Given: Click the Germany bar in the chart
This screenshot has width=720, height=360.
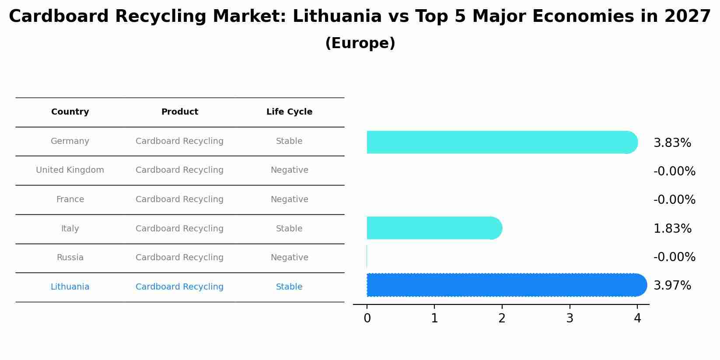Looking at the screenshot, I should [501, 142].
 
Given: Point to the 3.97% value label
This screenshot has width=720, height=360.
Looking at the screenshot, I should [672, 286].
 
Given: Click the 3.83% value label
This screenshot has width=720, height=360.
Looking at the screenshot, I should [672, 143].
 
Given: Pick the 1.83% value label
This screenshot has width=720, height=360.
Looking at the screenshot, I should [672, 229].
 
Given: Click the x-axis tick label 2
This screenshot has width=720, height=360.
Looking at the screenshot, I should [502, 318].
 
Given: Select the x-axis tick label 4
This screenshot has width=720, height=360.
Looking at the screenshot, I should [637, 318].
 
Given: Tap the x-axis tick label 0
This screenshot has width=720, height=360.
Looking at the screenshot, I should [367, 318].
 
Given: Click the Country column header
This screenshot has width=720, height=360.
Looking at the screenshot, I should [70, 112].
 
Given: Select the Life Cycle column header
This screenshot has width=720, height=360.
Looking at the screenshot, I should [289, 112].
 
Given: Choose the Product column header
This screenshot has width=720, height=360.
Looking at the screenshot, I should [179, 112].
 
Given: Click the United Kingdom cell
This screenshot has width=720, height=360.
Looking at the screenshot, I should [70, 170].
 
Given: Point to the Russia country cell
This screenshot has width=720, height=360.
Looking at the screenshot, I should [70, 258].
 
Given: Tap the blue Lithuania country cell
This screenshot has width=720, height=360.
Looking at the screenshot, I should [70, 287].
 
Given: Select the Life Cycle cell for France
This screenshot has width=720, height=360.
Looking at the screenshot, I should [289, 199].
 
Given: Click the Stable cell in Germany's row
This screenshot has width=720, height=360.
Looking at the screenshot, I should [289, 141].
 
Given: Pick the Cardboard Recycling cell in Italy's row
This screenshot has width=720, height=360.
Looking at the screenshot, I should [179, 229].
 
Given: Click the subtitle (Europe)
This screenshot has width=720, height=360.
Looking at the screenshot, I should [360, 43].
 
